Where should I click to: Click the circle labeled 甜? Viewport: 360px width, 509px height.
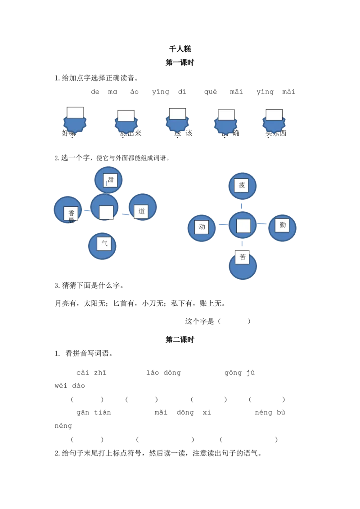point(108,180)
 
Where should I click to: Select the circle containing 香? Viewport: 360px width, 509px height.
point(68,210)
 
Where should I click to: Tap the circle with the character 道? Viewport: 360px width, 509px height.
point(143,207)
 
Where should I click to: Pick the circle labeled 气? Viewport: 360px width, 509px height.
point(102,246)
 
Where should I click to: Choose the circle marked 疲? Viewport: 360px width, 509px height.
point(242,186)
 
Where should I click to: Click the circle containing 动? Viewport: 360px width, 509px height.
point(201,228)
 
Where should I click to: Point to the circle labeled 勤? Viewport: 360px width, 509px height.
point(282,228)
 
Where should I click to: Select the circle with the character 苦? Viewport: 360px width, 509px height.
point(243,266)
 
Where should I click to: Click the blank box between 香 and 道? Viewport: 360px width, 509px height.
point(106,212)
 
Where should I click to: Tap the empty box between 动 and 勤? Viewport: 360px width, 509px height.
point(243,226)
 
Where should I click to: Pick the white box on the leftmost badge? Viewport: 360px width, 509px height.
point(75,112)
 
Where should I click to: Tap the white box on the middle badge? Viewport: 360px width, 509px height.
point(178,114)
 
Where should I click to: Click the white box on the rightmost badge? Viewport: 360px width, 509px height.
point(274,115)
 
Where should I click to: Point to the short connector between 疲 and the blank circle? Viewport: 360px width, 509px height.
point(242,205)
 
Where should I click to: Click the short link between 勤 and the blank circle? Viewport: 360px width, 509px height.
point(262,225)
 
